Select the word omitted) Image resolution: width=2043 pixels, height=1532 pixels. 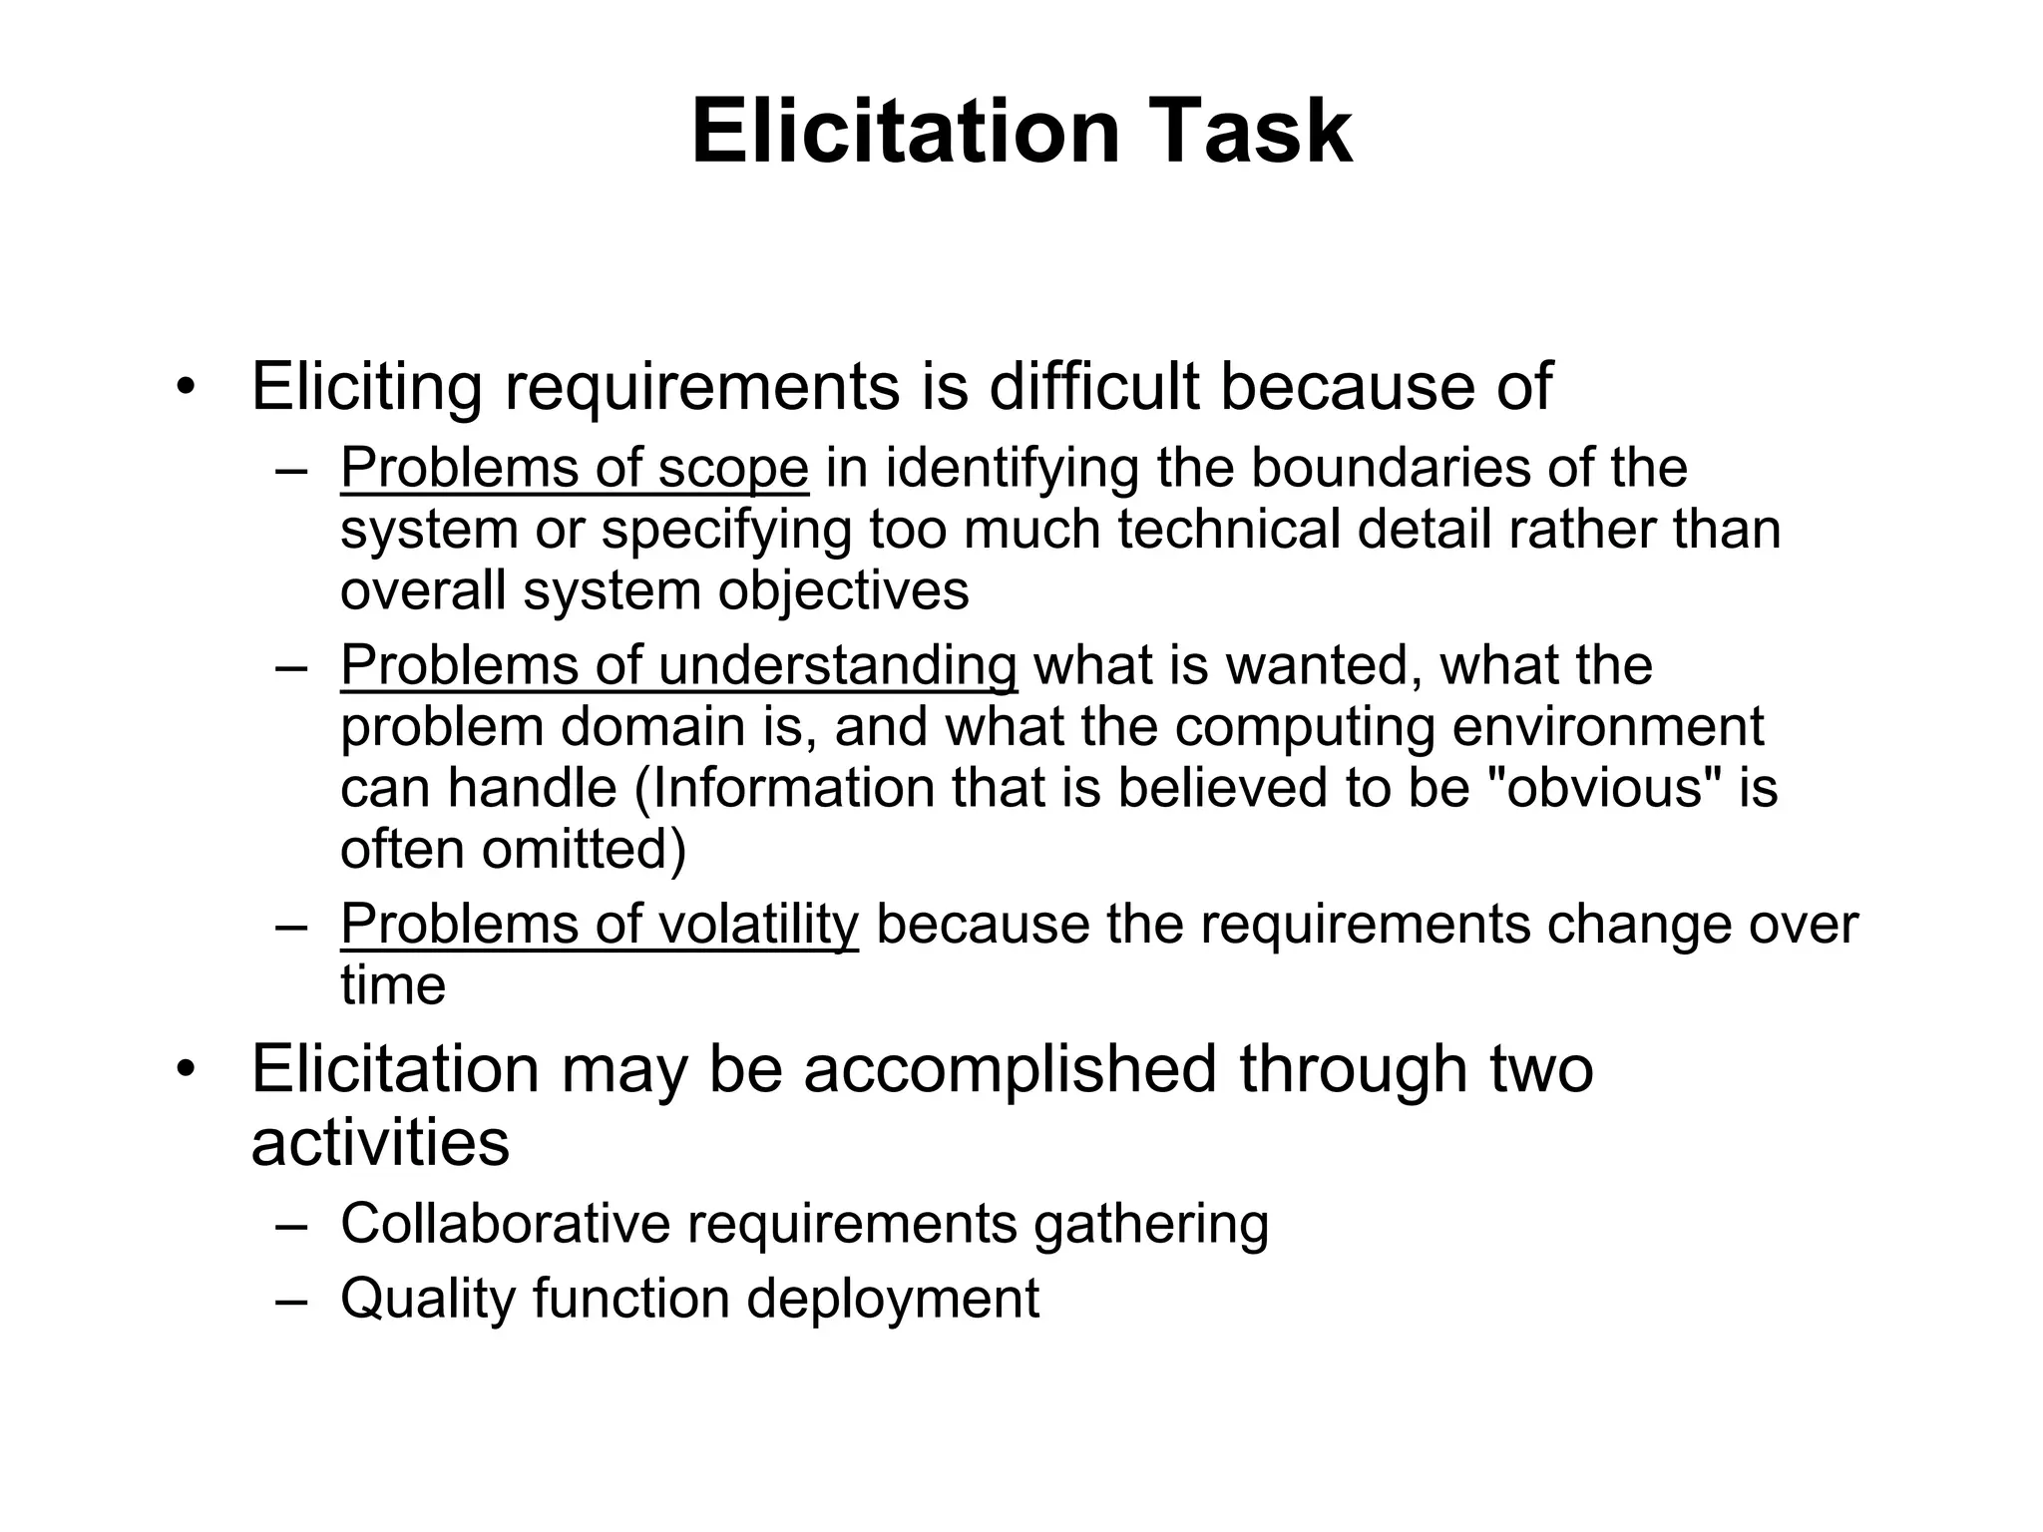click(584, 850)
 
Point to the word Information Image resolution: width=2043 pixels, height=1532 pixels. click(793, 788)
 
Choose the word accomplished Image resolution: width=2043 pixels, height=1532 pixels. click(1010, 1069)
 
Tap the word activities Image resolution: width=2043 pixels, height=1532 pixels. click(380, 1143)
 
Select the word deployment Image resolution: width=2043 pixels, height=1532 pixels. click(892, 1299)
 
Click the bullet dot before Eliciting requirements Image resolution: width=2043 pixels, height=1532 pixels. click(184, 388)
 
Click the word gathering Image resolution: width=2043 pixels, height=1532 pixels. click(1151, 1226)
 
